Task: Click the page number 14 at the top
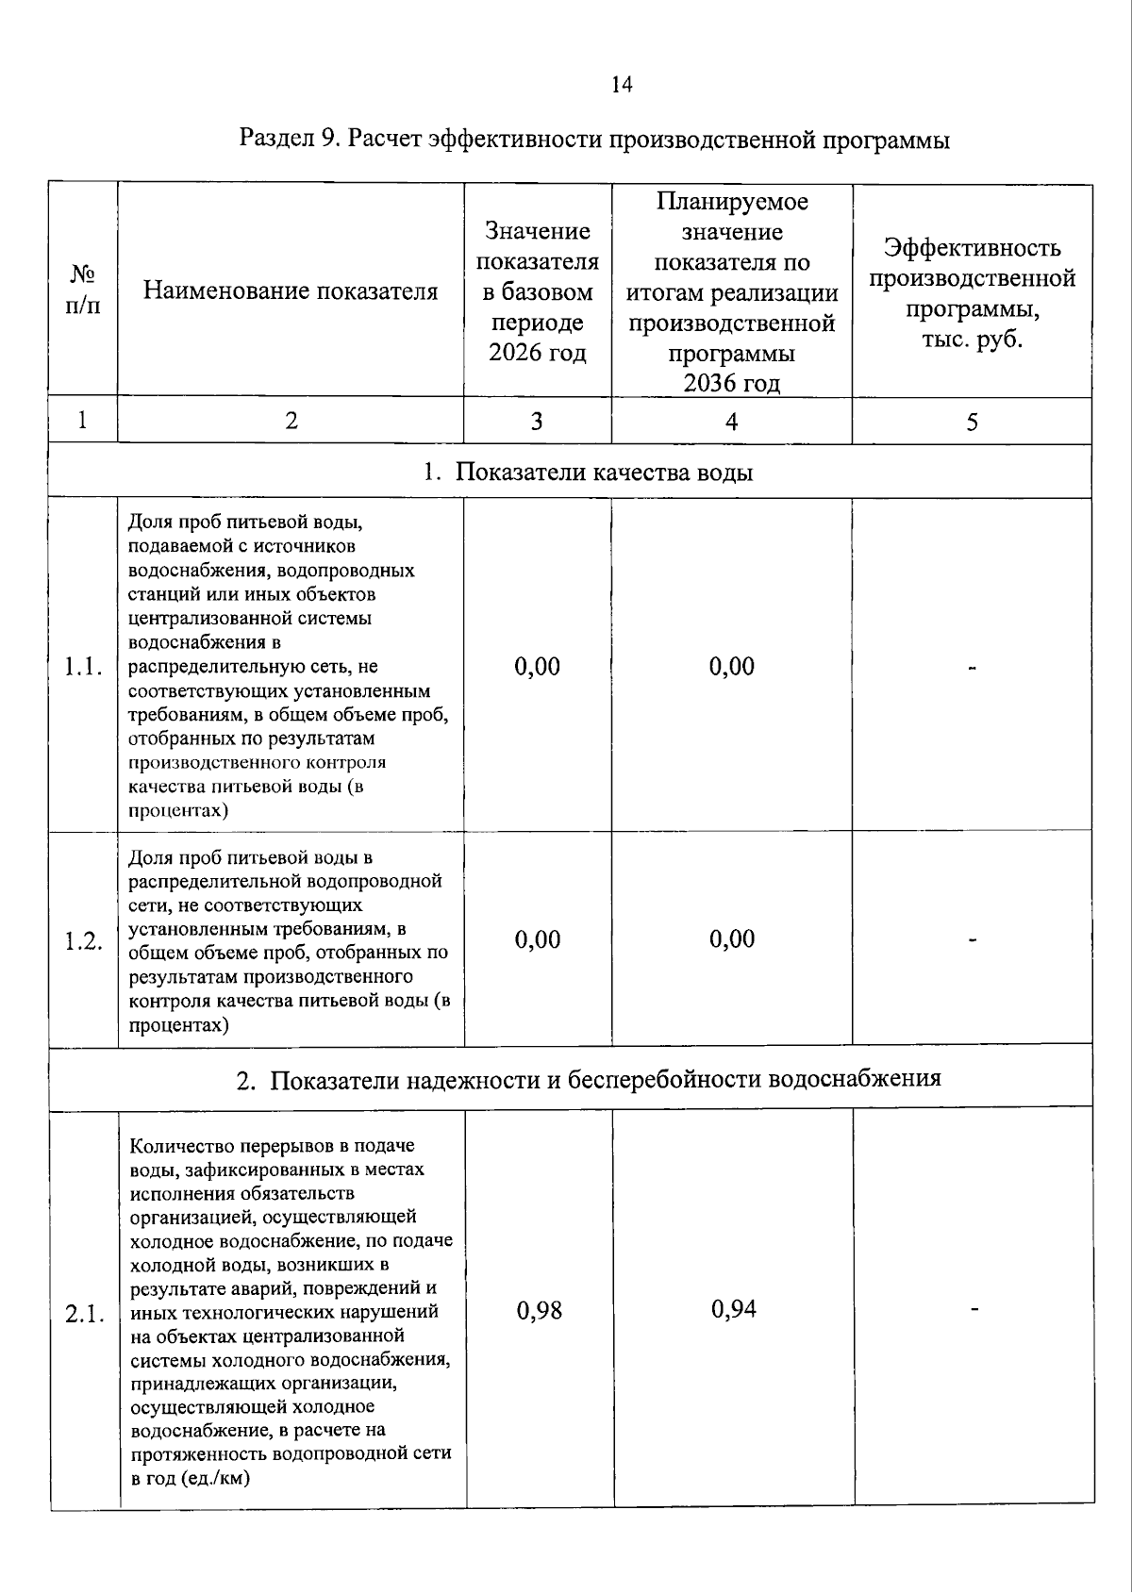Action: point(622,85)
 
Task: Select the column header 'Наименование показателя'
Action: point(291,290)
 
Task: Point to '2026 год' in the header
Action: point(537,353)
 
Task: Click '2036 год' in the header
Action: point(731,383)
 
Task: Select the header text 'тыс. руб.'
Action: point(972,339)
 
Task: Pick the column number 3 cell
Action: point(537,422)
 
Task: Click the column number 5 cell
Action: point(972,422)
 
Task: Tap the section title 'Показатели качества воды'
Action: point(604,472)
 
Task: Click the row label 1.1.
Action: point(83,667)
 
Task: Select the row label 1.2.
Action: point(83,940)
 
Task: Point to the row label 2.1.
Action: point(85,1315)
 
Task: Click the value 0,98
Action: point(540,1310)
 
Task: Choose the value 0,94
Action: point(734,1308)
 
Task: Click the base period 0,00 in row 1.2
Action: point(538,939)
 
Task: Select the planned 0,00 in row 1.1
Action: point(732,667)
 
